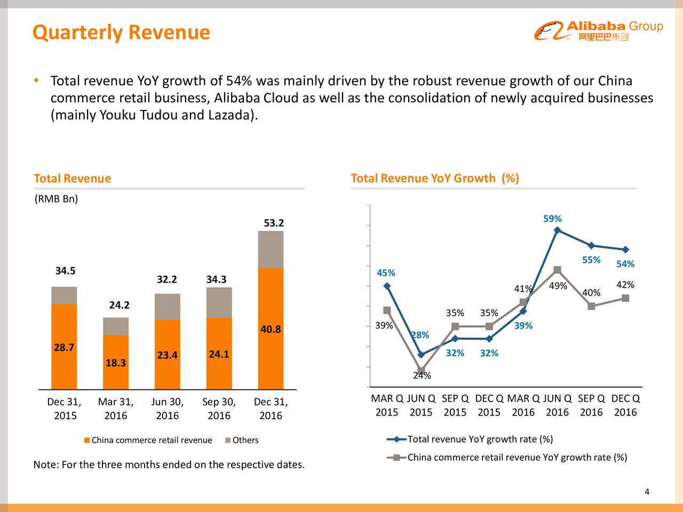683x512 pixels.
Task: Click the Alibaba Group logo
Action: [x=598, y=31]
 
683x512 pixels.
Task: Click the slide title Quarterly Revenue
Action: [x=121, y=33]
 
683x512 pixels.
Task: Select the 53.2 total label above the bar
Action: [x=274, y=223]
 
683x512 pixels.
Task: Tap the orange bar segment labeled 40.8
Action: [x=271, y=328]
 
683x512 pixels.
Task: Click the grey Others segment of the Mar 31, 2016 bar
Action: [x=116, y=326]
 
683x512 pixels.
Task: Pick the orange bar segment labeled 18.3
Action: [x=116, y=362]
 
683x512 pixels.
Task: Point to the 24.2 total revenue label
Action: [x=120, y=305]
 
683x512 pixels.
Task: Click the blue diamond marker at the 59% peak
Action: [x=557, y=230]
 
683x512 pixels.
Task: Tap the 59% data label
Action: [x=552, y=219]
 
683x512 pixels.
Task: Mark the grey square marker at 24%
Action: [x=421, y=370]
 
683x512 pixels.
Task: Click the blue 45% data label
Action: [x=386, y=273]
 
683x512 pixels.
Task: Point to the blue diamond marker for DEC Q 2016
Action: [x=625, y=250]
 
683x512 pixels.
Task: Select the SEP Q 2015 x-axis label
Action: [x=455, y=406]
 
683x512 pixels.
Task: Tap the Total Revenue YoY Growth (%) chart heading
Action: [x=434, y=178]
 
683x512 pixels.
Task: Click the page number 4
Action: [x=647, y=492]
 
